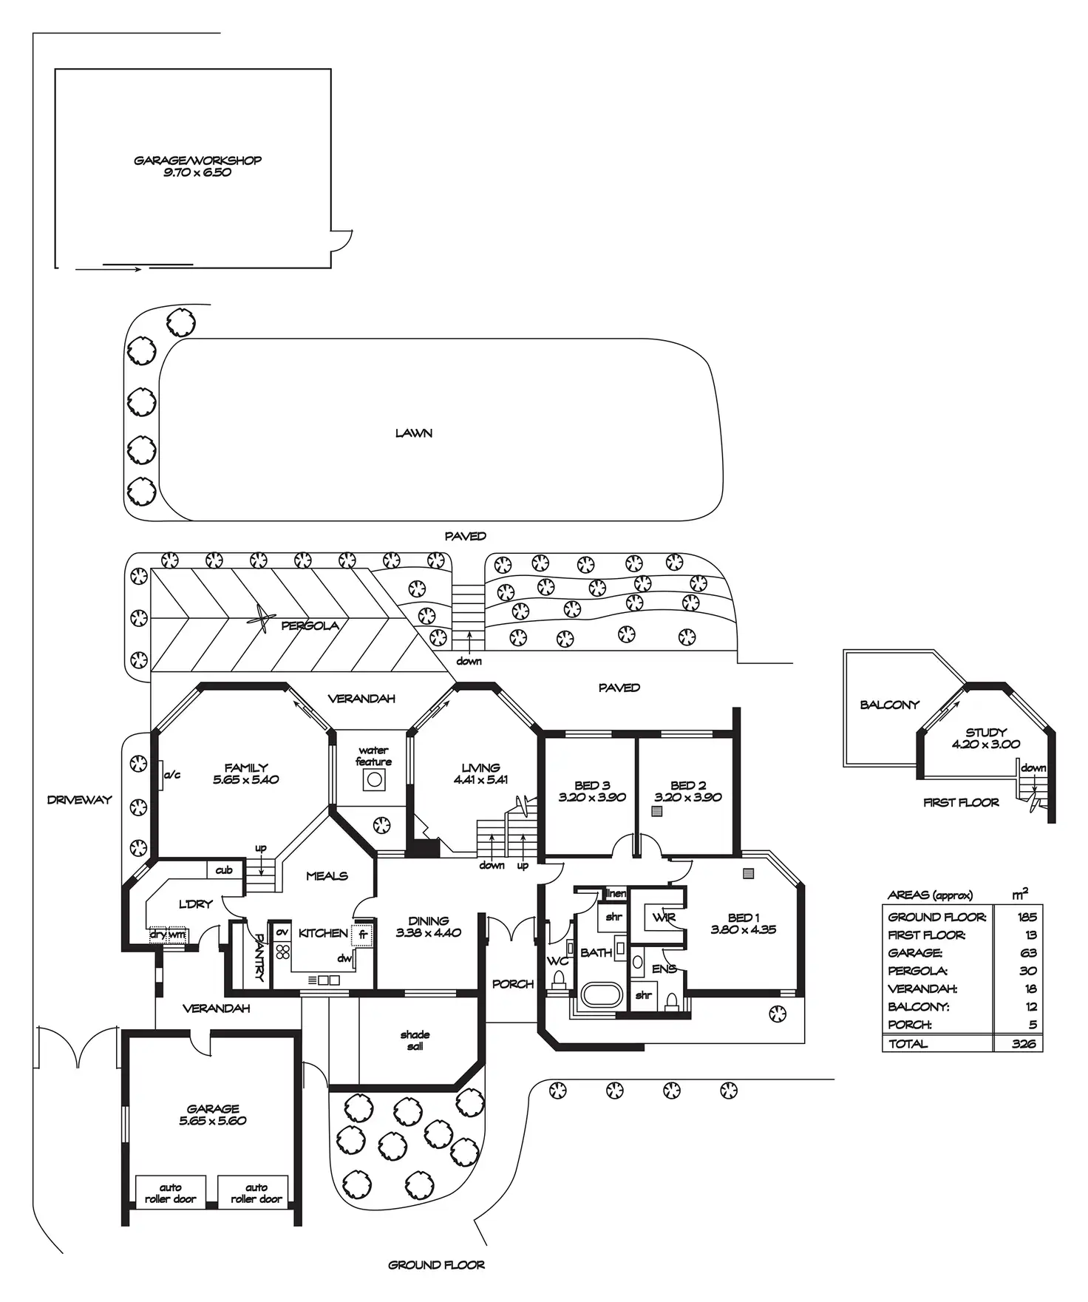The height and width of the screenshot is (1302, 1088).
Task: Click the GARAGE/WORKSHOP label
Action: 197,160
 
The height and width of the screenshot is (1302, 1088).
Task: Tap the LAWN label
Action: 414,433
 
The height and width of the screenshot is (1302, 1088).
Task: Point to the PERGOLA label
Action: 310,625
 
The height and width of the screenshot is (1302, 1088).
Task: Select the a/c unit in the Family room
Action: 160,775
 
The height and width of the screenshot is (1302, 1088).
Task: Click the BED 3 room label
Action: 592,785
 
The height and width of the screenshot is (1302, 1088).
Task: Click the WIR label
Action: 664,918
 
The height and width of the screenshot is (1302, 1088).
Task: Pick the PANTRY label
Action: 259,957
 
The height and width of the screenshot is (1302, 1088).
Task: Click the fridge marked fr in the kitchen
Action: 362,934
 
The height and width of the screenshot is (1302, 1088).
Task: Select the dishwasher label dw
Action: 344,958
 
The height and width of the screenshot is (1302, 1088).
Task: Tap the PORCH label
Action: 513,984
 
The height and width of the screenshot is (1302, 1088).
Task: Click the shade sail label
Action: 415,1040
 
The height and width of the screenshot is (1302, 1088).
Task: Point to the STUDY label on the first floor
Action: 986,733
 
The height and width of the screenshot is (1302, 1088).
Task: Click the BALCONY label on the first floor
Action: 889,705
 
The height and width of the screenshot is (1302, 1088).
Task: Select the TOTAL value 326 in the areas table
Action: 1024,1043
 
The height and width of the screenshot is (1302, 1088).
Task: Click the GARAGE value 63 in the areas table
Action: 1028,953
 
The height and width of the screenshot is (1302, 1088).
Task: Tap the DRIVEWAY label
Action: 79,799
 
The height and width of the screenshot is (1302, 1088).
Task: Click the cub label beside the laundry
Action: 224,870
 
